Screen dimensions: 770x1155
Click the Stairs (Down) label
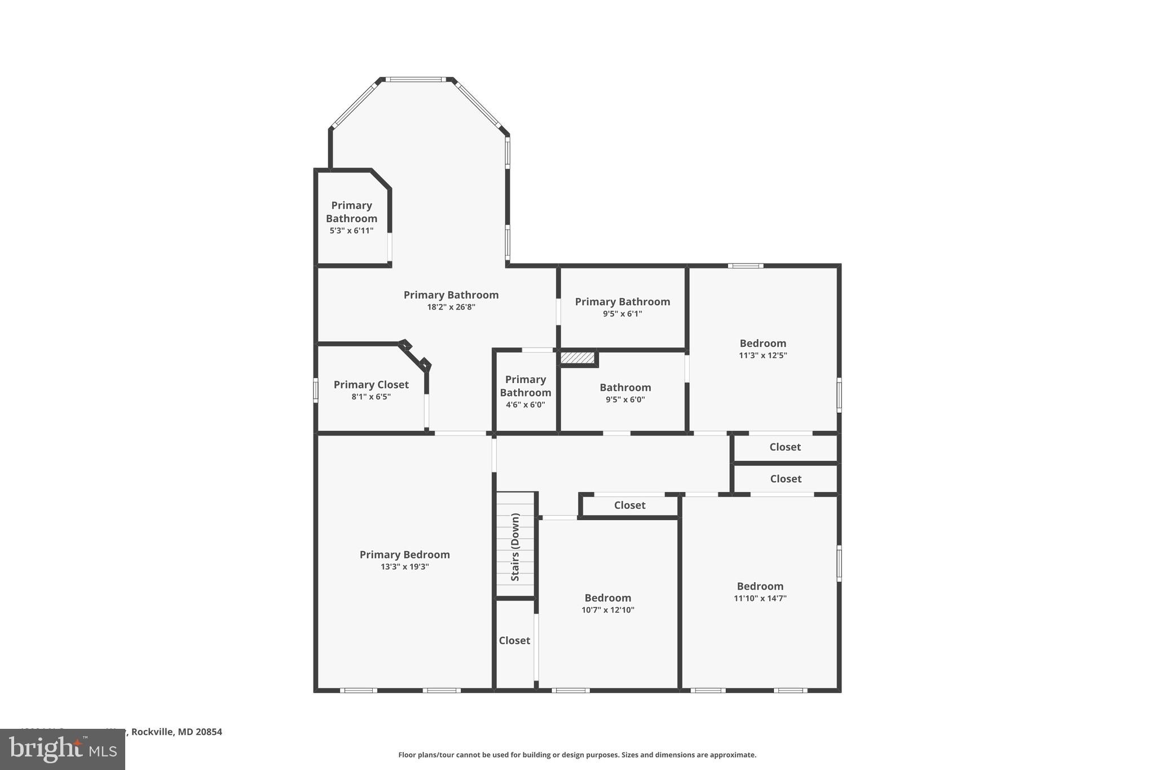(515, 547)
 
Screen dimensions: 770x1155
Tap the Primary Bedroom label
(404, 555)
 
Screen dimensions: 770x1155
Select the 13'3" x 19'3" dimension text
(404, 567)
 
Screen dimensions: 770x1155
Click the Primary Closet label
(371, 384)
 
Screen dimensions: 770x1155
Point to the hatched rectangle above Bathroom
(577, 358)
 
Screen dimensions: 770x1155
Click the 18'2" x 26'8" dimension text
(451, 307)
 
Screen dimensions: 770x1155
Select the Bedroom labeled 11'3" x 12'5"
(762, 343)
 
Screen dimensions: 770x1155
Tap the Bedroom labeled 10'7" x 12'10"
(607, 597)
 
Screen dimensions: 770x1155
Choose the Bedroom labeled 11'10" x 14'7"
(760, 586)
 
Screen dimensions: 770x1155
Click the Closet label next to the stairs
(514, 640)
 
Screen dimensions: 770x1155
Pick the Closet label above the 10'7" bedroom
(629, 505)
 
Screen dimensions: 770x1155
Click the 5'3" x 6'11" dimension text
(351, 231)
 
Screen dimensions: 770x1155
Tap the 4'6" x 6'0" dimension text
(525, 404)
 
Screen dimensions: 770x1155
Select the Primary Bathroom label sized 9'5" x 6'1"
(622, 301)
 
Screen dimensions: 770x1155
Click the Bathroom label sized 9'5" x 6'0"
(625, 387)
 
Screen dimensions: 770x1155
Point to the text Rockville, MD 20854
(177, 732)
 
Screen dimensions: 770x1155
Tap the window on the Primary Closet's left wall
(316, 390)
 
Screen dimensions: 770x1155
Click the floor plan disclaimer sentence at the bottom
(577, 755)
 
